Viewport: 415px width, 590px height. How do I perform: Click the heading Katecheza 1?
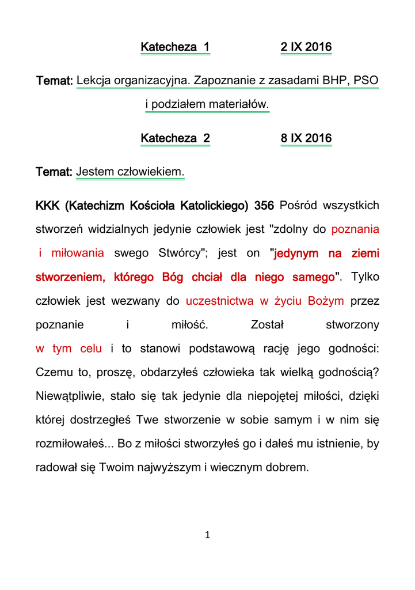175,47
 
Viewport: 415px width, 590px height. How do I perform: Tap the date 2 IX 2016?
306,47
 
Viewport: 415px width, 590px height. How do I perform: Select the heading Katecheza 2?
175,138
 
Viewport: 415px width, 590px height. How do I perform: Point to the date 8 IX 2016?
306,138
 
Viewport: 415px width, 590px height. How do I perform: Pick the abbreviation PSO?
366,80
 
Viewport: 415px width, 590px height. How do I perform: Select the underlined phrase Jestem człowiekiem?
130,172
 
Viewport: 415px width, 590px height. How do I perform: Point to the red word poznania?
355,229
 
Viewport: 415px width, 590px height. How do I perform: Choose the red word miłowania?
77,253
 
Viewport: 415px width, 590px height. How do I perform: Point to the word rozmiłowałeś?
70,444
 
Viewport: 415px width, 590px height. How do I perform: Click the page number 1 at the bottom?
208,535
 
